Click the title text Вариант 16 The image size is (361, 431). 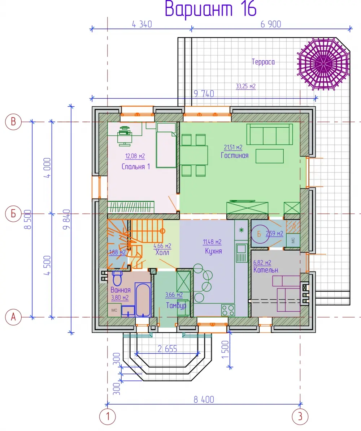pos(210,9)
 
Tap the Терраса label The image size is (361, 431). pos(263,62)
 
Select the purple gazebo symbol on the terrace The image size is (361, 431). pos(323,64)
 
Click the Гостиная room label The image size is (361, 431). pos(234,155)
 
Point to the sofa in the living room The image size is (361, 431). pos(269,134)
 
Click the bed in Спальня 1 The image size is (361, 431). pos(166,145)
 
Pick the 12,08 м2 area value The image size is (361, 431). pos(135,156)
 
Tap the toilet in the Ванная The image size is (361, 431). pos(117,278)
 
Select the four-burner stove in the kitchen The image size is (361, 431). pos(228,310)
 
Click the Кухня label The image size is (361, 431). pos(213,251)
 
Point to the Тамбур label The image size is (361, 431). pos(176,306)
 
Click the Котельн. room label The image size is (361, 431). pos(266,270)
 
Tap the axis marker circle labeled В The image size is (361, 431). pos(13,122)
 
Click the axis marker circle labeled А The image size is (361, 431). pos(13,317)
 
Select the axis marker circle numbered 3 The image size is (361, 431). pos(300,417)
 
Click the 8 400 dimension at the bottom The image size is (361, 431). pos(204,400)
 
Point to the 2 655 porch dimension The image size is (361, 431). pos(167,349)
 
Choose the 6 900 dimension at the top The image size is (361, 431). pos(271,24)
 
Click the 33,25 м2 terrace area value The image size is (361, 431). pos(246,86)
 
